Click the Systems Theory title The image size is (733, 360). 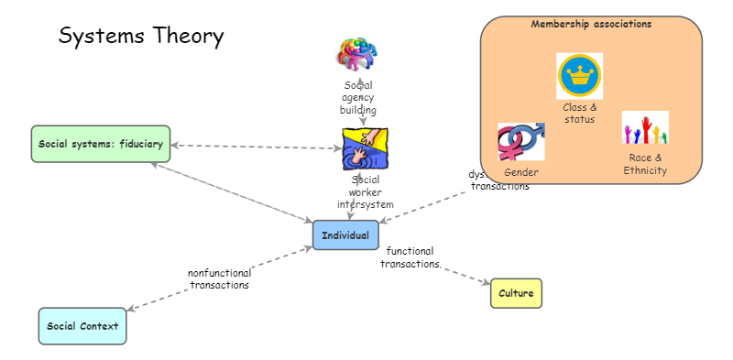141,37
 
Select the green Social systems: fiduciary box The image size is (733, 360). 101,144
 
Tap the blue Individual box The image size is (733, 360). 345,235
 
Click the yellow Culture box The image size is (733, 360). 516,293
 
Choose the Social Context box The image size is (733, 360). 82,326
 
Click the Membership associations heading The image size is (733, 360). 591,25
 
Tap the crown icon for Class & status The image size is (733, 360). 579,76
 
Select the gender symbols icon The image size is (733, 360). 520,142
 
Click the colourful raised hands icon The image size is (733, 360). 645,128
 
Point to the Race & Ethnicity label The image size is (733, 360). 645,164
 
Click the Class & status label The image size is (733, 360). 579,113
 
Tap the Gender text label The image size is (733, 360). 520,172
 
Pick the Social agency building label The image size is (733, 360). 358,98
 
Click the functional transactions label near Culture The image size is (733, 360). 410,257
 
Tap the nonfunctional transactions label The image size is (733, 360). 219,278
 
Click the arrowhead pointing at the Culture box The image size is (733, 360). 487,283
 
